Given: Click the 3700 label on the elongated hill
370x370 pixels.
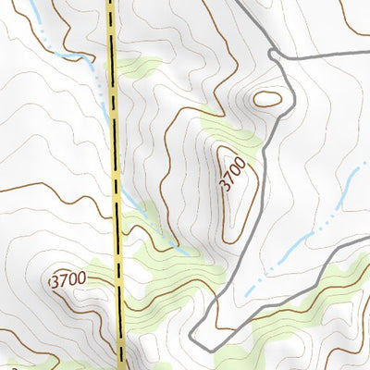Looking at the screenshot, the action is point(234,174).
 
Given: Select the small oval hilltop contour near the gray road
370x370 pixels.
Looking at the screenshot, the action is point(266,97).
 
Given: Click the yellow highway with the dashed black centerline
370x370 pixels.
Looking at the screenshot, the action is point(116,185).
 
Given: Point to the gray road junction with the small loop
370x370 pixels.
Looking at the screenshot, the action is point(274,55).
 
